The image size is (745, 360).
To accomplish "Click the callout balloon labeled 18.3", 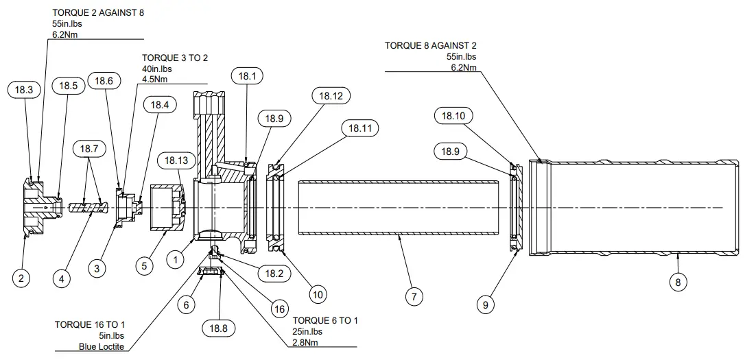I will [24, 89].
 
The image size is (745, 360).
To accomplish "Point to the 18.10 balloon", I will [453, 116].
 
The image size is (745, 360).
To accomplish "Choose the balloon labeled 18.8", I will [217, 328].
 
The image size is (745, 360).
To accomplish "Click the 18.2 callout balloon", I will [274, 274].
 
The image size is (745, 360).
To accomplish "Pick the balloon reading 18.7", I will [89, 149].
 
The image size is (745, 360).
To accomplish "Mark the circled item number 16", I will [279, 309].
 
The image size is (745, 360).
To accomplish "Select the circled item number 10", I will [318, 295].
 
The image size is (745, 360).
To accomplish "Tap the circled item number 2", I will [21, 278].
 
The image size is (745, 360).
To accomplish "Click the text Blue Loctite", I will [102, 346].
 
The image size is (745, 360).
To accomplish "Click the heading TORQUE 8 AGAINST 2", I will [430, 46].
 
